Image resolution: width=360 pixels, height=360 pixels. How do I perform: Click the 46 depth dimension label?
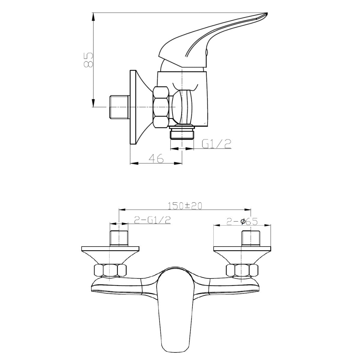pos(156,158)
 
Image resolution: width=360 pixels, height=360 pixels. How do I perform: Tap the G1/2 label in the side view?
pos(217,144)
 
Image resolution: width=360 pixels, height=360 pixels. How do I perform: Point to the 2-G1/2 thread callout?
pos(152,221)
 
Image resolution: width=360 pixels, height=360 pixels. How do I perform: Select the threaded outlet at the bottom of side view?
pos(182,133)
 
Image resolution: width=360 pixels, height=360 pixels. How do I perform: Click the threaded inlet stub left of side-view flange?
pos(118,107)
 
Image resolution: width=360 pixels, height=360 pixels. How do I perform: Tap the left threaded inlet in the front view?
pos(119,238)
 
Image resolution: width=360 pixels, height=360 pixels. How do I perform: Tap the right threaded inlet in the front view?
pos(250,238)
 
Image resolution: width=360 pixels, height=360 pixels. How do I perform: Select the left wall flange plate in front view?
pos(111,249)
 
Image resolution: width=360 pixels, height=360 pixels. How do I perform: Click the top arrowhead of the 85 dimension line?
pos(94,16)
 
